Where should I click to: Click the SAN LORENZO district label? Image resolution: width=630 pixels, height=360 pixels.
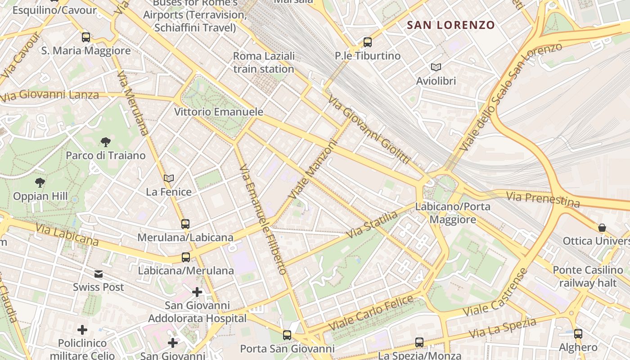point(451,25)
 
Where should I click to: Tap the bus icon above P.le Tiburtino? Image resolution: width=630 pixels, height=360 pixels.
point(368,42)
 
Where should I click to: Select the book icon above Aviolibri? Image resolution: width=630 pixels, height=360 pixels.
point(436,67)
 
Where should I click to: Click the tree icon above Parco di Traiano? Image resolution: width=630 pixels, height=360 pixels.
point(106,142)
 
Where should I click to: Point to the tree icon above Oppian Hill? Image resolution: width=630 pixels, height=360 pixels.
point(40,183)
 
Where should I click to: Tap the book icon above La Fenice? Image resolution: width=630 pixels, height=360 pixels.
point(169,179)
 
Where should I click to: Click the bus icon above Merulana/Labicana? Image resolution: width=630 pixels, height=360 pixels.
point(185,224)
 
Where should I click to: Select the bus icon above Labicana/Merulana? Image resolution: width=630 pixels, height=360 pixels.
point(185,257)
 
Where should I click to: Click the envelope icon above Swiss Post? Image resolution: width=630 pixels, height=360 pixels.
point(98,274)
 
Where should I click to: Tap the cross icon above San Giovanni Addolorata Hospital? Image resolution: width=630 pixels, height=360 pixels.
point(197,292)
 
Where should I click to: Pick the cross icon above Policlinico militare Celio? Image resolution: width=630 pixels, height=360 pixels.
point(82,330)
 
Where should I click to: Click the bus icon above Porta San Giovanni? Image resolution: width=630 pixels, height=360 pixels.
point(287,335)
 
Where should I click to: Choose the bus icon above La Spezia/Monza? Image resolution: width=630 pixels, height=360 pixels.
point(419,342)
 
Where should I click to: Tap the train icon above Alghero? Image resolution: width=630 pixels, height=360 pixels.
point(578,334)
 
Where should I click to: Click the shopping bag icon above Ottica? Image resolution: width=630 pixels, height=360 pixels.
point(602,228)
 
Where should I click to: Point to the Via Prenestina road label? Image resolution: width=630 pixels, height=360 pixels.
point(543,199)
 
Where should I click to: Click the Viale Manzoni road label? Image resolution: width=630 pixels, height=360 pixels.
point(314,170)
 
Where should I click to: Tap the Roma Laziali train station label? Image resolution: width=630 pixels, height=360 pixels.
point(264,63)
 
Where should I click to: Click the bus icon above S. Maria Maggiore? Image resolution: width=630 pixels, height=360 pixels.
point(85,37)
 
